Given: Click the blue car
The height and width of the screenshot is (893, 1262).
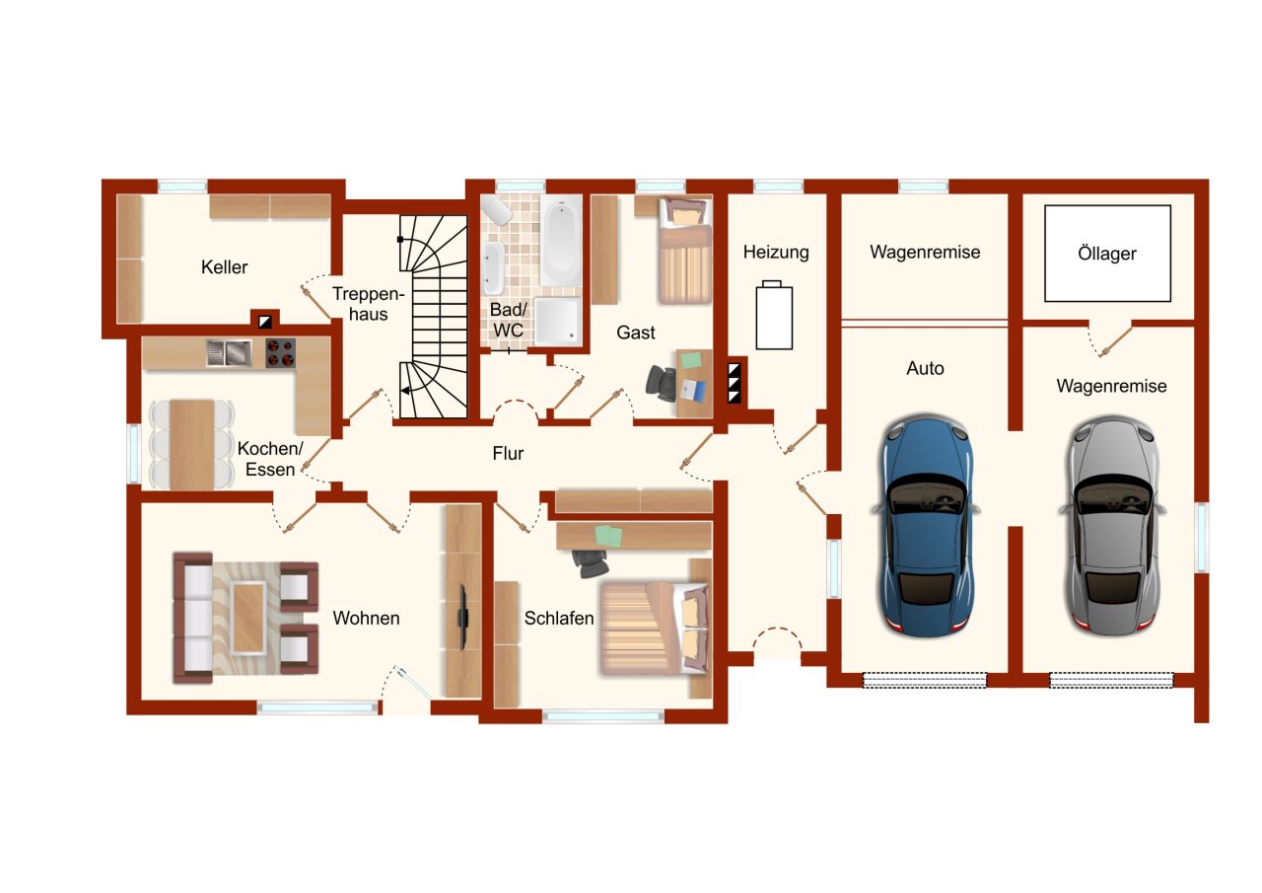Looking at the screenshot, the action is [925, 528].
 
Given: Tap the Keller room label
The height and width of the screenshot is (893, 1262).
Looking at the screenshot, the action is [224, 266].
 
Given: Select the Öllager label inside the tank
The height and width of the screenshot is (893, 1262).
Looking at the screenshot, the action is [1107, 254].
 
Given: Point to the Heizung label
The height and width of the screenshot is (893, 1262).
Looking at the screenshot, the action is [776, 252].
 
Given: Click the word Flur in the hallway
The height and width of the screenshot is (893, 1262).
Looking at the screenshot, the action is [508, 453].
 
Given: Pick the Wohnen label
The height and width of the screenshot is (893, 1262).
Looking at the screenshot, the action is [366, 618].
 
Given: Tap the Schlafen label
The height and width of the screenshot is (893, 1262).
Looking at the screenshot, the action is [559, 619].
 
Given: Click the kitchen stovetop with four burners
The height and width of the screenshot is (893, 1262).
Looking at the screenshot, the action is [280, 353].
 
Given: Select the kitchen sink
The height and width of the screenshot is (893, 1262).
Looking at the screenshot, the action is [229, 353].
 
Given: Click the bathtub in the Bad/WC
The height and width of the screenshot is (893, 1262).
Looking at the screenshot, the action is [561, 241].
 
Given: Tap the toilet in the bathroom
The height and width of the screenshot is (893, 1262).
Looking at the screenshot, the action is [496, 210].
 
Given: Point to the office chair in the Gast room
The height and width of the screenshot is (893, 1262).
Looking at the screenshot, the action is [662, 383].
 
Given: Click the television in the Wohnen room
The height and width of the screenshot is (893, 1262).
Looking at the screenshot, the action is [463, 618].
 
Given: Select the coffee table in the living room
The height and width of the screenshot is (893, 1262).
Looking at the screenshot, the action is [248, 618].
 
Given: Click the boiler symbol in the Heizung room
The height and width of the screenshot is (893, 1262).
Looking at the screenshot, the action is [774, 316].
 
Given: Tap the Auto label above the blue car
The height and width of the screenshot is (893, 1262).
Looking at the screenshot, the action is [925, 368].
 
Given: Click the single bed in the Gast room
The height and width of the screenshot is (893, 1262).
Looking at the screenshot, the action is [684, 250].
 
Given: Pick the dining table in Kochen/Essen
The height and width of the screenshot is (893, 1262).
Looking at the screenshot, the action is [191, 444].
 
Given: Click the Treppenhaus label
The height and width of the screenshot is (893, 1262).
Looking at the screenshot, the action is [368, 303].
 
